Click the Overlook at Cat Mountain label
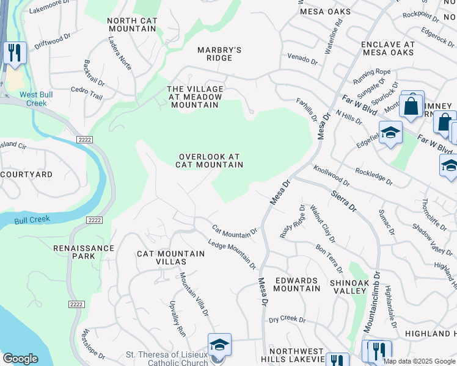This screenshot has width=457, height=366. click(210, 160)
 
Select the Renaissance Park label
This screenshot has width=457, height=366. click(84, 252)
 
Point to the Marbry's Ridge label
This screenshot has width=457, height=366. click(219, 54)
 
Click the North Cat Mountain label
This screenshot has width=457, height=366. click(132, 25)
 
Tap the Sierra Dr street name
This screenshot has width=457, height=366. click(344, 200)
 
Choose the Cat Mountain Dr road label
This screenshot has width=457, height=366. click(235, 231)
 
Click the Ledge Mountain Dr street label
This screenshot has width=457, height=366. click(232, 254)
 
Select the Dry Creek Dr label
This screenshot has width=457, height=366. click(287, 318)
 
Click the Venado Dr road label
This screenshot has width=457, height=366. click(303, 61)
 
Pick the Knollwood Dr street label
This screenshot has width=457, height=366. click(331, 174)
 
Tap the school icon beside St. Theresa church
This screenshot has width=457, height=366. click(219, 345)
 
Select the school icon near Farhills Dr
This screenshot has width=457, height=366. click(390, 132)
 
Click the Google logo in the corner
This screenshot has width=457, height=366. click(20, 359)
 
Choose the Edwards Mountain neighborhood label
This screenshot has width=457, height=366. click(296, 284)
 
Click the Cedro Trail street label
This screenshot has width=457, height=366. click(87, 92)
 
